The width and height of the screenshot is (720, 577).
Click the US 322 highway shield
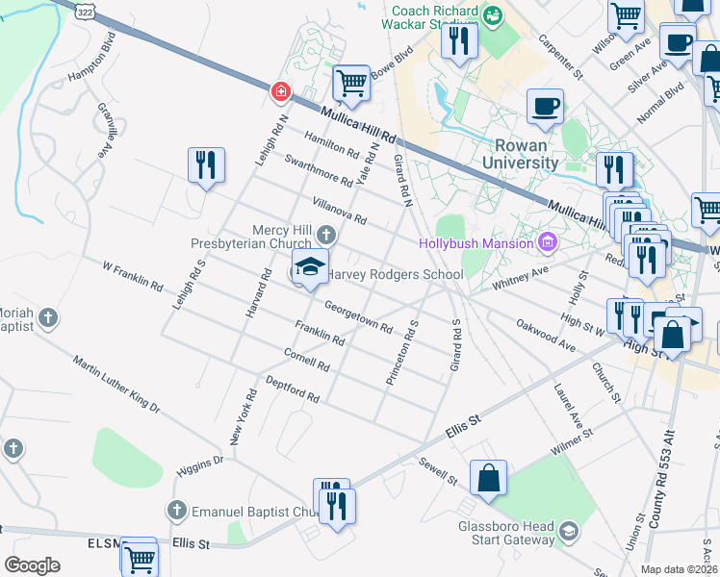[84, 9]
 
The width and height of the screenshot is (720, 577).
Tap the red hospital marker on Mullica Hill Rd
[280, 91]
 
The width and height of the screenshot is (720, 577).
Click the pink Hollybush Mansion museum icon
[548, 241]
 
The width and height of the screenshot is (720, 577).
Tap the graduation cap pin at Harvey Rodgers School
[310, 267]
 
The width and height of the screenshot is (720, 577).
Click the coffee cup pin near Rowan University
[545, 108]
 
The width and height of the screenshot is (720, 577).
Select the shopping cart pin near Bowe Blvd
[351, 85]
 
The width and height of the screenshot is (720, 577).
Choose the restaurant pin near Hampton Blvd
[206, 166]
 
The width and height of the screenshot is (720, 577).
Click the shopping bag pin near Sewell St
[488, 479]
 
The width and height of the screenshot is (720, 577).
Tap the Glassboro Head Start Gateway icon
[569, 531]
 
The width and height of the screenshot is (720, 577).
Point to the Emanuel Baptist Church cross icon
[175, 511]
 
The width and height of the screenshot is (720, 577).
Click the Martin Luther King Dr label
[116, 384]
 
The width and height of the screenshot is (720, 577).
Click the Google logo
[32, 564]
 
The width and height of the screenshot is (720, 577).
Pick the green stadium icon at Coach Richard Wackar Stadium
[493, 14]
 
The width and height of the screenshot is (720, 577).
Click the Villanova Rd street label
[339, 211]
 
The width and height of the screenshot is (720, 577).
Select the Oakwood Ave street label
[545, 334]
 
